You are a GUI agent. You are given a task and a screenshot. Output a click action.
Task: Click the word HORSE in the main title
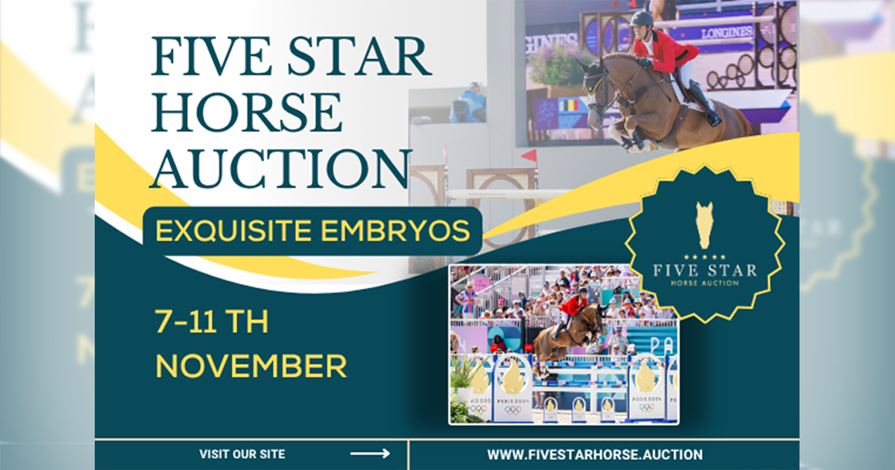coord(247,113)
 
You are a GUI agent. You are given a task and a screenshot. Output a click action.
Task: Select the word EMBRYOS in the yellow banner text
coord(395,231)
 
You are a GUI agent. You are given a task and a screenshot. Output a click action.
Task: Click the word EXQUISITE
coord(233,231)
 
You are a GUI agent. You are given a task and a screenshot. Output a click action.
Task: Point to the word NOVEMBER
coord(251,366)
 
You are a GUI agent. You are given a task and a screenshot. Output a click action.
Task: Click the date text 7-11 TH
coord(211,322)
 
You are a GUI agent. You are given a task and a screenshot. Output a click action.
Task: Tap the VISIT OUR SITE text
coord(242,454)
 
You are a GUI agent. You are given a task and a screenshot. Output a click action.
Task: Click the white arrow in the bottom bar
coord(370,454)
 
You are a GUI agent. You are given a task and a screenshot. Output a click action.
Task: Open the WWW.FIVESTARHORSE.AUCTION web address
coord(595,455)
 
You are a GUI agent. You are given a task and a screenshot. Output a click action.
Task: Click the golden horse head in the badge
coord(704,225)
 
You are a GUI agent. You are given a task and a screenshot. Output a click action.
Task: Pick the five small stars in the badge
coord(705,257)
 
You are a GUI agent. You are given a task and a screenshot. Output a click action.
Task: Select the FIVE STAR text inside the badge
coord(706,271)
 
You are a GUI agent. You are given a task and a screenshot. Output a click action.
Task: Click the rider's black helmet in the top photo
coord(641,19)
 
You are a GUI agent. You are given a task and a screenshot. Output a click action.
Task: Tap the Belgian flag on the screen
coord(568,106)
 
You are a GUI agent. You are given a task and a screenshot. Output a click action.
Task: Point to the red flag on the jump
coord(530,156)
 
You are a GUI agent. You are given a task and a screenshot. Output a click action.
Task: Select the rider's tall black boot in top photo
coord(705,103)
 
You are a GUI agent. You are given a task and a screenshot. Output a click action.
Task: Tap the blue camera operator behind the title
coord(468,104)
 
